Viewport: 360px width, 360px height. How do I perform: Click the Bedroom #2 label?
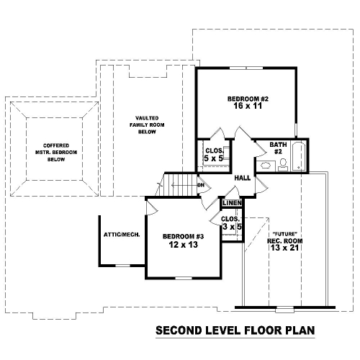pos(248,99)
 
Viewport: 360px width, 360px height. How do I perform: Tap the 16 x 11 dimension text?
pos(248,106)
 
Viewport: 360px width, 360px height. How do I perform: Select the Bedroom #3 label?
pos(183,236)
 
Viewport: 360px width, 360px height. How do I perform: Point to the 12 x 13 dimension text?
pos(184,245)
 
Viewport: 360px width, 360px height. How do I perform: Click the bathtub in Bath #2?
pos(299,156)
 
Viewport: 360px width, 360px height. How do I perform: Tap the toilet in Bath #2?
pos(283,165)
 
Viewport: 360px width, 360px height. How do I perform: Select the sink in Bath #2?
pos(266,166)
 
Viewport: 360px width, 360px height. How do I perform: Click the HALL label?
pos(243,178)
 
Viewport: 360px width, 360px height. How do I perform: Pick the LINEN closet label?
pos(232,203)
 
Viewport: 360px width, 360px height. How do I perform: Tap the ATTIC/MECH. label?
pos(122,235)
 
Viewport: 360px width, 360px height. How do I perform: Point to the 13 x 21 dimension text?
pos(284,248)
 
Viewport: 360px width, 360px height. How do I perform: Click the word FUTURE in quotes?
pos(285,234)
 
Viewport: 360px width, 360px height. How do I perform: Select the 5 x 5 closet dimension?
pos(213,158)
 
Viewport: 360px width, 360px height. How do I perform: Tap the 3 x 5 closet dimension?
pos(232,226)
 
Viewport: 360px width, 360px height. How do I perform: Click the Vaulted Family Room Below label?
pos(147,125)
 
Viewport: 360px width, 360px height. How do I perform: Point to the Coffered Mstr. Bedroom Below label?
pos(56,153)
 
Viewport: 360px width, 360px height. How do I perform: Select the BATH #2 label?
pos(278,148)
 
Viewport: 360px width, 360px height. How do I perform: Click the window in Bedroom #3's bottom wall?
pos(184,278)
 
